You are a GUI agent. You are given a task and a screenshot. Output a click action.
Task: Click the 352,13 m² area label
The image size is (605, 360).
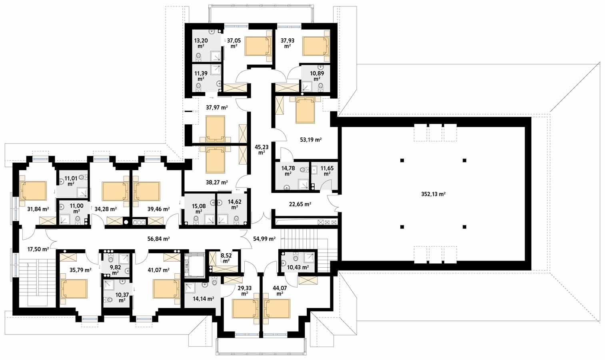pyautogui.click(x=433, y=195)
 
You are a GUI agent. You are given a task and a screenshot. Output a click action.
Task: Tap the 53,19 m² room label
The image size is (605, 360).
pyautogui.click(x=311, y=140)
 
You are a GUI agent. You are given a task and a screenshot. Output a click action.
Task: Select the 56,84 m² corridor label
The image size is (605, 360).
pyautogui.click(x=158, y=239)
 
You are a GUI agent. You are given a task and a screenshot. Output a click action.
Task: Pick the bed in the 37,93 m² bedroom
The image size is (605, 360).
pyautogui.click(x=315, y=46)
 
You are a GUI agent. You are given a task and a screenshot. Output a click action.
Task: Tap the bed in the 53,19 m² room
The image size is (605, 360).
pyautogui.click(x=305, y=110)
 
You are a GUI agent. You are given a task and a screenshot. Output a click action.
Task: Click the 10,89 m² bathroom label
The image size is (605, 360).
pyautogui.click(x=317, y=76)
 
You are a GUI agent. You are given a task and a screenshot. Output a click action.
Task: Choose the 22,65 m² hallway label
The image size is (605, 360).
pyautogui.click(x=300, y=204)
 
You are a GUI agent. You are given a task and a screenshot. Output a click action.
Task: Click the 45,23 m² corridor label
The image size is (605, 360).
pyautogui.click(x=262, y=149)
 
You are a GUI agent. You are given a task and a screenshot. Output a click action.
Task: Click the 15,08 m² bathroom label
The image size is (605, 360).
pyautogui.click(x=199, y=209)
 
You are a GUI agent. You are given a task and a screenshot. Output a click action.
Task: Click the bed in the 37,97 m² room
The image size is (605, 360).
pyautogui.click(x=215, y=128)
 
